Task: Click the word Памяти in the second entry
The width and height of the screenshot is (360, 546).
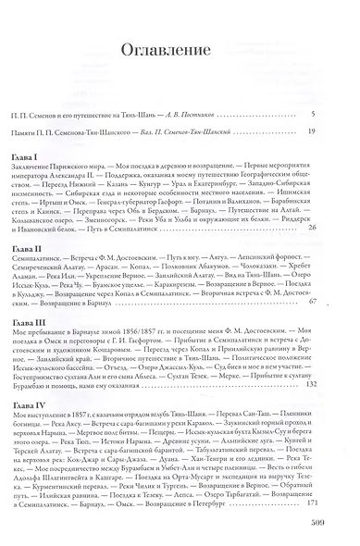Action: [44, 133]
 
